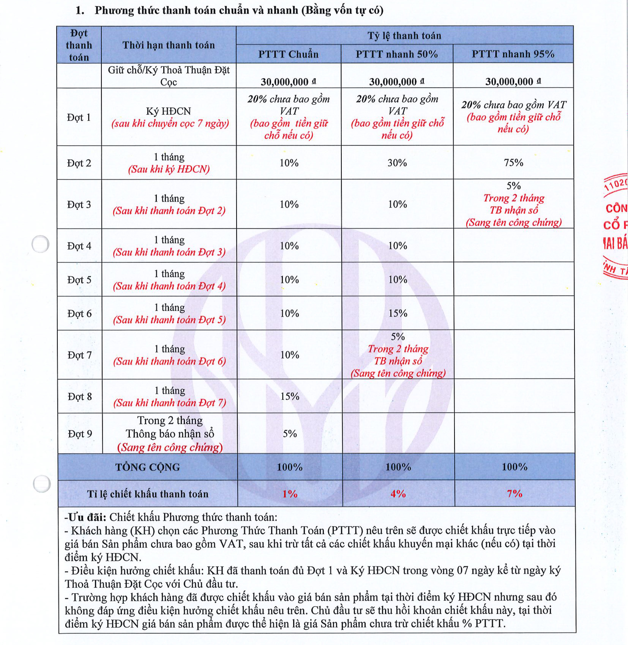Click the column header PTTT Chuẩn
288,54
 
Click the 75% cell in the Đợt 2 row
513,163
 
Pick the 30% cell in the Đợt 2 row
397,163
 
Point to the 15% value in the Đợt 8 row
290,396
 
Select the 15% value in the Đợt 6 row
398,313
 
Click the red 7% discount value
515,494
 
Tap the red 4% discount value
398,494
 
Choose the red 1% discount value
290,494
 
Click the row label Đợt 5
79,280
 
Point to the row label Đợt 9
80,434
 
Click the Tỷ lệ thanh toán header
404,36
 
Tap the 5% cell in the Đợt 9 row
290,434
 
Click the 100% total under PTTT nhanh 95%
515,467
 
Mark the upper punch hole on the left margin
40,244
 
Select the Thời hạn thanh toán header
169,45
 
